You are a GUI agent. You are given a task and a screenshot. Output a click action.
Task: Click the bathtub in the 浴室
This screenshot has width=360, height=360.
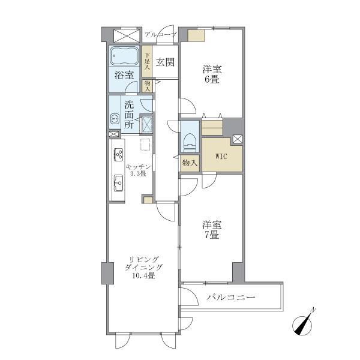125,57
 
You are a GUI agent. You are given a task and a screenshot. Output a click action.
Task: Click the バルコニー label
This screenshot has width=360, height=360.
232,298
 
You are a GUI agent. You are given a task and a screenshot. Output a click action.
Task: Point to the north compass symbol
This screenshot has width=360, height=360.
306,322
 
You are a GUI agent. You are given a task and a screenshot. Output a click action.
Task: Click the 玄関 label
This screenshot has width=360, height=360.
165,62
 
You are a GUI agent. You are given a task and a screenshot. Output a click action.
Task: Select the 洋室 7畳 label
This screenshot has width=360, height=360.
212,230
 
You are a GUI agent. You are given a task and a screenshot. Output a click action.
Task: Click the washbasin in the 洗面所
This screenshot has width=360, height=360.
115,118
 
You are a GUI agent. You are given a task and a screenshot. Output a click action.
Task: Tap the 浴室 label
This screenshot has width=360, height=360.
124,76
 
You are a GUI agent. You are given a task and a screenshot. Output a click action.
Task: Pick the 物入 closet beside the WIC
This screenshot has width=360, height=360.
190,163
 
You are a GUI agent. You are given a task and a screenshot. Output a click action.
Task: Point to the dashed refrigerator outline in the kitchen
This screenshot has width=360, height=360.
145,144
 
